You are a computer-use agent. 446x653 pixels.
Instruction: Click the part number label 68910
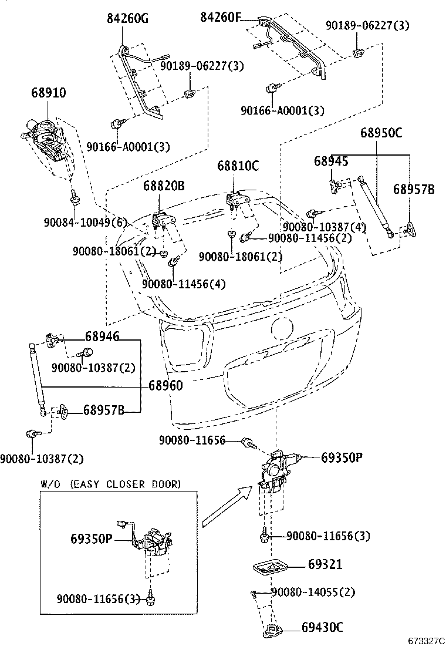49,93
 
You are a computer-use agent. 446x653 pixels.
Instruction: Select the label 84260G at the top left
127,19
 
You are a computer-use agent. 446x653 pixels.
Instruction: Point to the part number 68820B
164,187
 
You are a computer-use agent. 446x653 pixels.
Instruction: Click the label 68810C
237,166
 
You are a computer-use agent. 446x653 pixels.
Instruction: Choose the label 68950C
381,133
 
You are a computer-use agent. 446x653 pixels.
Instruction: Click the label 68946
102,336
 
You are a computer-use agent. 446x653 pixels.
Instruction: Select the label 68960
165,386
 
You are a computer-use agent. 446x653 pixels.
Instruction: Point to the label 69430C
322,627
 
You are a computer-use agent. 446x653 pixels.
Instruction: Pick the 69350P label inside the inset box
92,538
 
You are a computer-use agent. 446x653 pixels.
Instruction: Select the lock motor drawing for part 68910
46,140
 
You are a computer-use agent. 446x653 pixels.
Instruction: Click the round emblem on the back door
282,327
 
